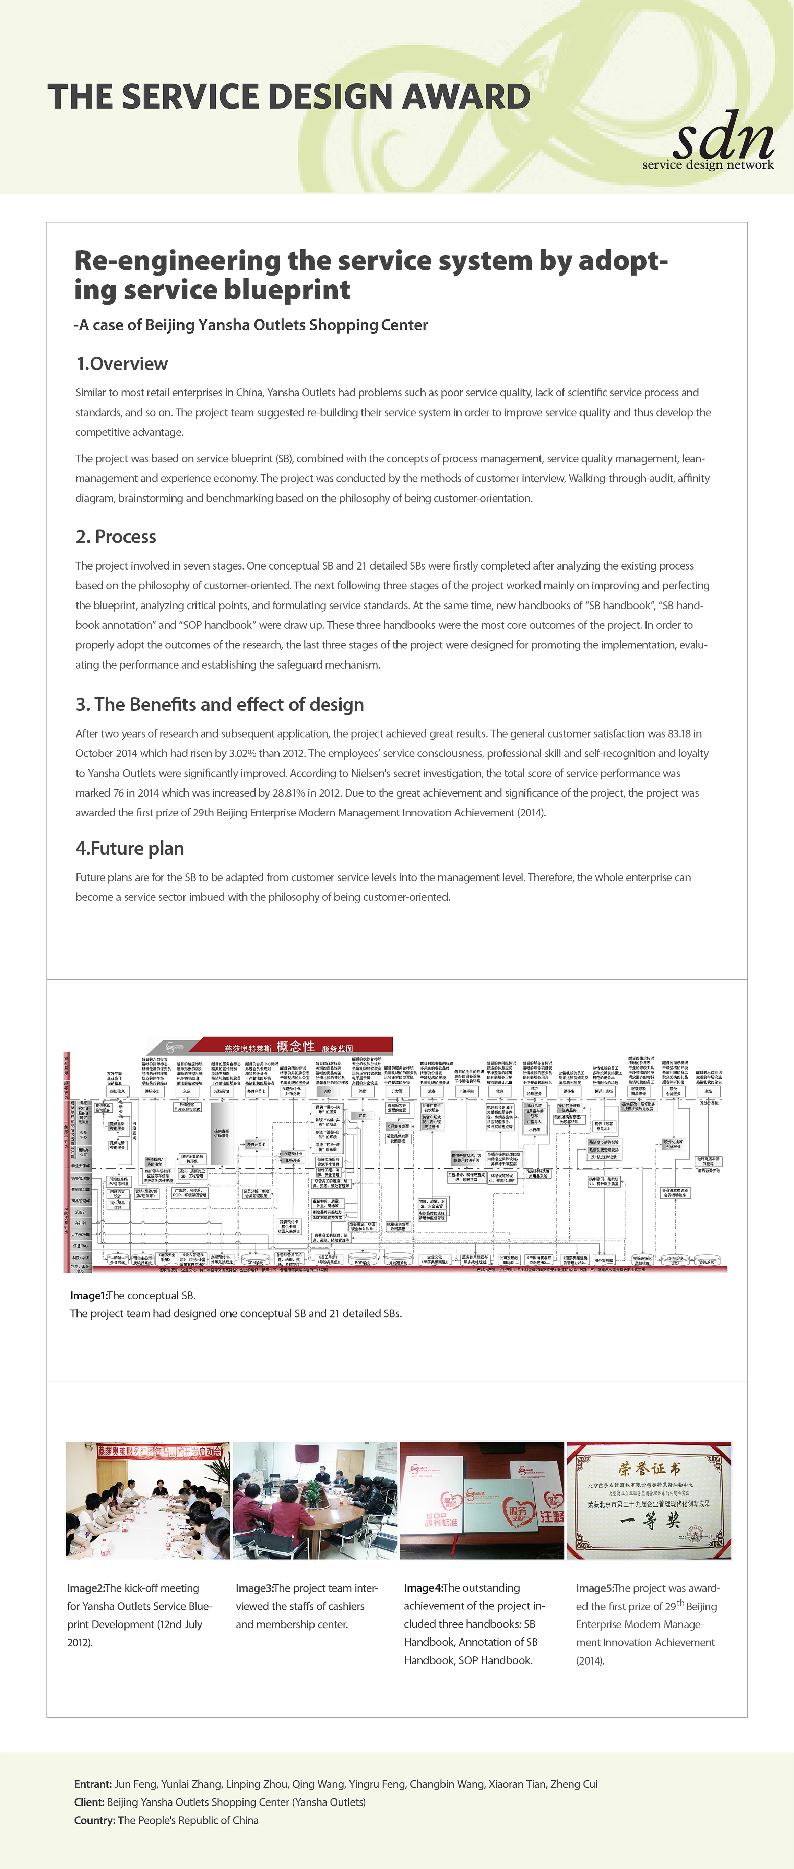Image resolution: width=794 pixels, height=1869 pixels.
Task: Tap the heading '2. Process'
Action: (x=116, y=537)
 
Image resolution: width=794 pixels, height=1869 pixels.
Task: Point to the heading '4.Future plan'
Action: (x=130, y=848)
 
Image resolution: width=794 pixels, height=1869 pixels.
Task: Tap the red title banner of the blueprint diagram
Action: (x=297, y=1046)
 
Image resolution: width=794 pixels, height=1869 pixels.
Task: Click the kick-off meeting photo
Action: (x=148, y=1500)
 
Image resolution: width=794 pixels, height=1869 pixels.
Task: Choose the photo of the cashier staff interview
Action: (x=315, y=1500)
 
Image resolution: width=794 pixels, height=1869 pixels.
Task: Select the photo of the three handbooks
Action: (x=481, y=1500)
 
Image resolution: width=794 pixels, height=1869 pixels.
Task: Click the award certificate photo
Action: (x=648, y=1500)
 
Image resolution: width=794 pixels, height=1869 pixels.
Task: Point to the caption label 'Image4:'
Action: (x=423, y=1588)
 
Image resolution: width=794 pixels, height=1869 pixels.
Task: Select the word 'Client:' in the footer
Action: (x=89, y=1801)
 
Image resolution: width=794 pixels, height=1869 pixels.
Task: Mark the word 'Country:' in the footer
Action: (x=94, y=1820)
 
